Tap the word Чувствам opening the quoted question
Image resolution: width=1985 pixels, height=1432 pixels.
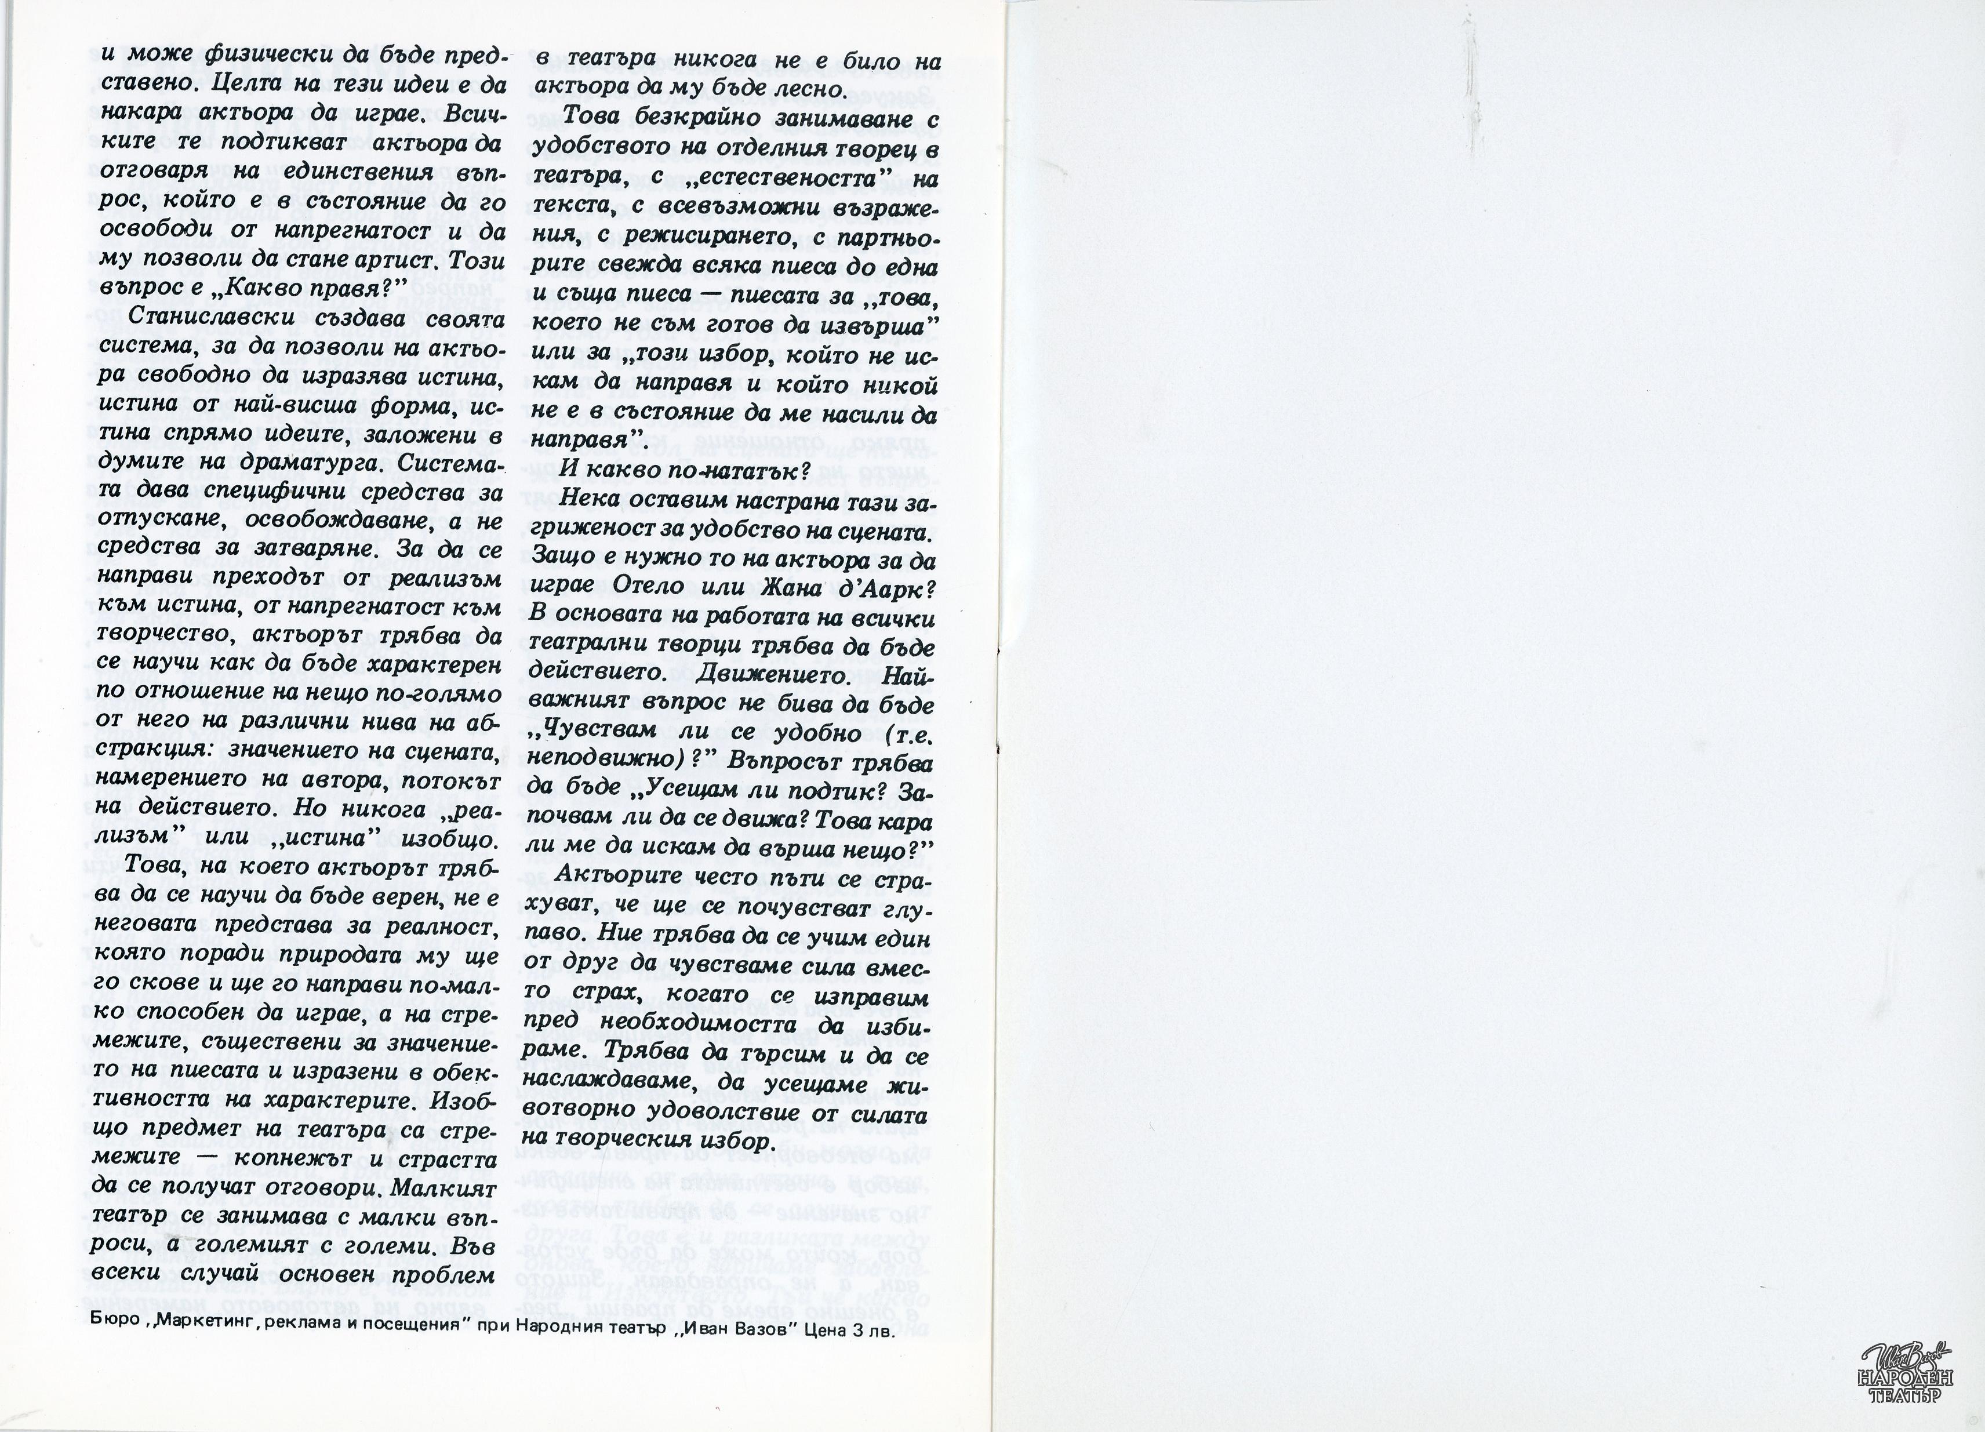608,733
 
